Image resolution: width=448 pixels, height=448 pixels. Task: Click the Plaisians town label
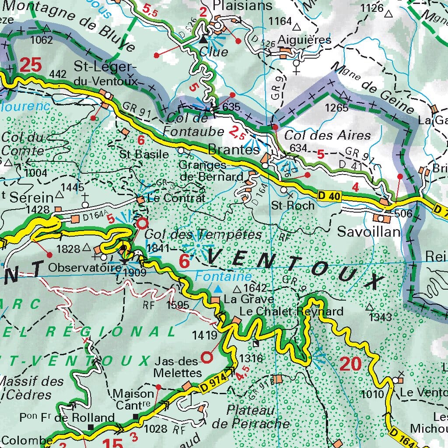pos(243,6)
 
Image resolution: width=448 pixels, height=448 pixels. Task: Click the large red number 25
pos(30,65)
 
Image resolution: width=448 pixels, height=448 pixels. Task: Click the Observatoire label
pos(78,267)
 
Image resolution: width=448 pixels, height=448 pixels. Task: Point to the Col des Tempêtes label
pos(203,235)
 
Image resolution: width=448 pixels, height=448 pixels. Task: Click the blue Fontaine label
pos(224,276)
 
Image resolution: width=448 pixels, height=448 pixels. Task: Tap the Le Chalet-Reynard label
pos(291,311)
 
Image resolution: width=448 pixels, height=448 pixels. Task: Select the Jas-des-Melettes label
pos(178,367)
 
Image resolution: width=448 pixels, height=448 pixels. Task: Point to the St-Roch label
pos(293,205)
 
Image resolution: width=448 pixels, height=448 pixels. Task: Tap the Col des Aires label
pos(327,135)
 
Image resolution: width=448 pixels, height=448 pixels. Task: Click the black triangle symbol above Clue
pos(203,39)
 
